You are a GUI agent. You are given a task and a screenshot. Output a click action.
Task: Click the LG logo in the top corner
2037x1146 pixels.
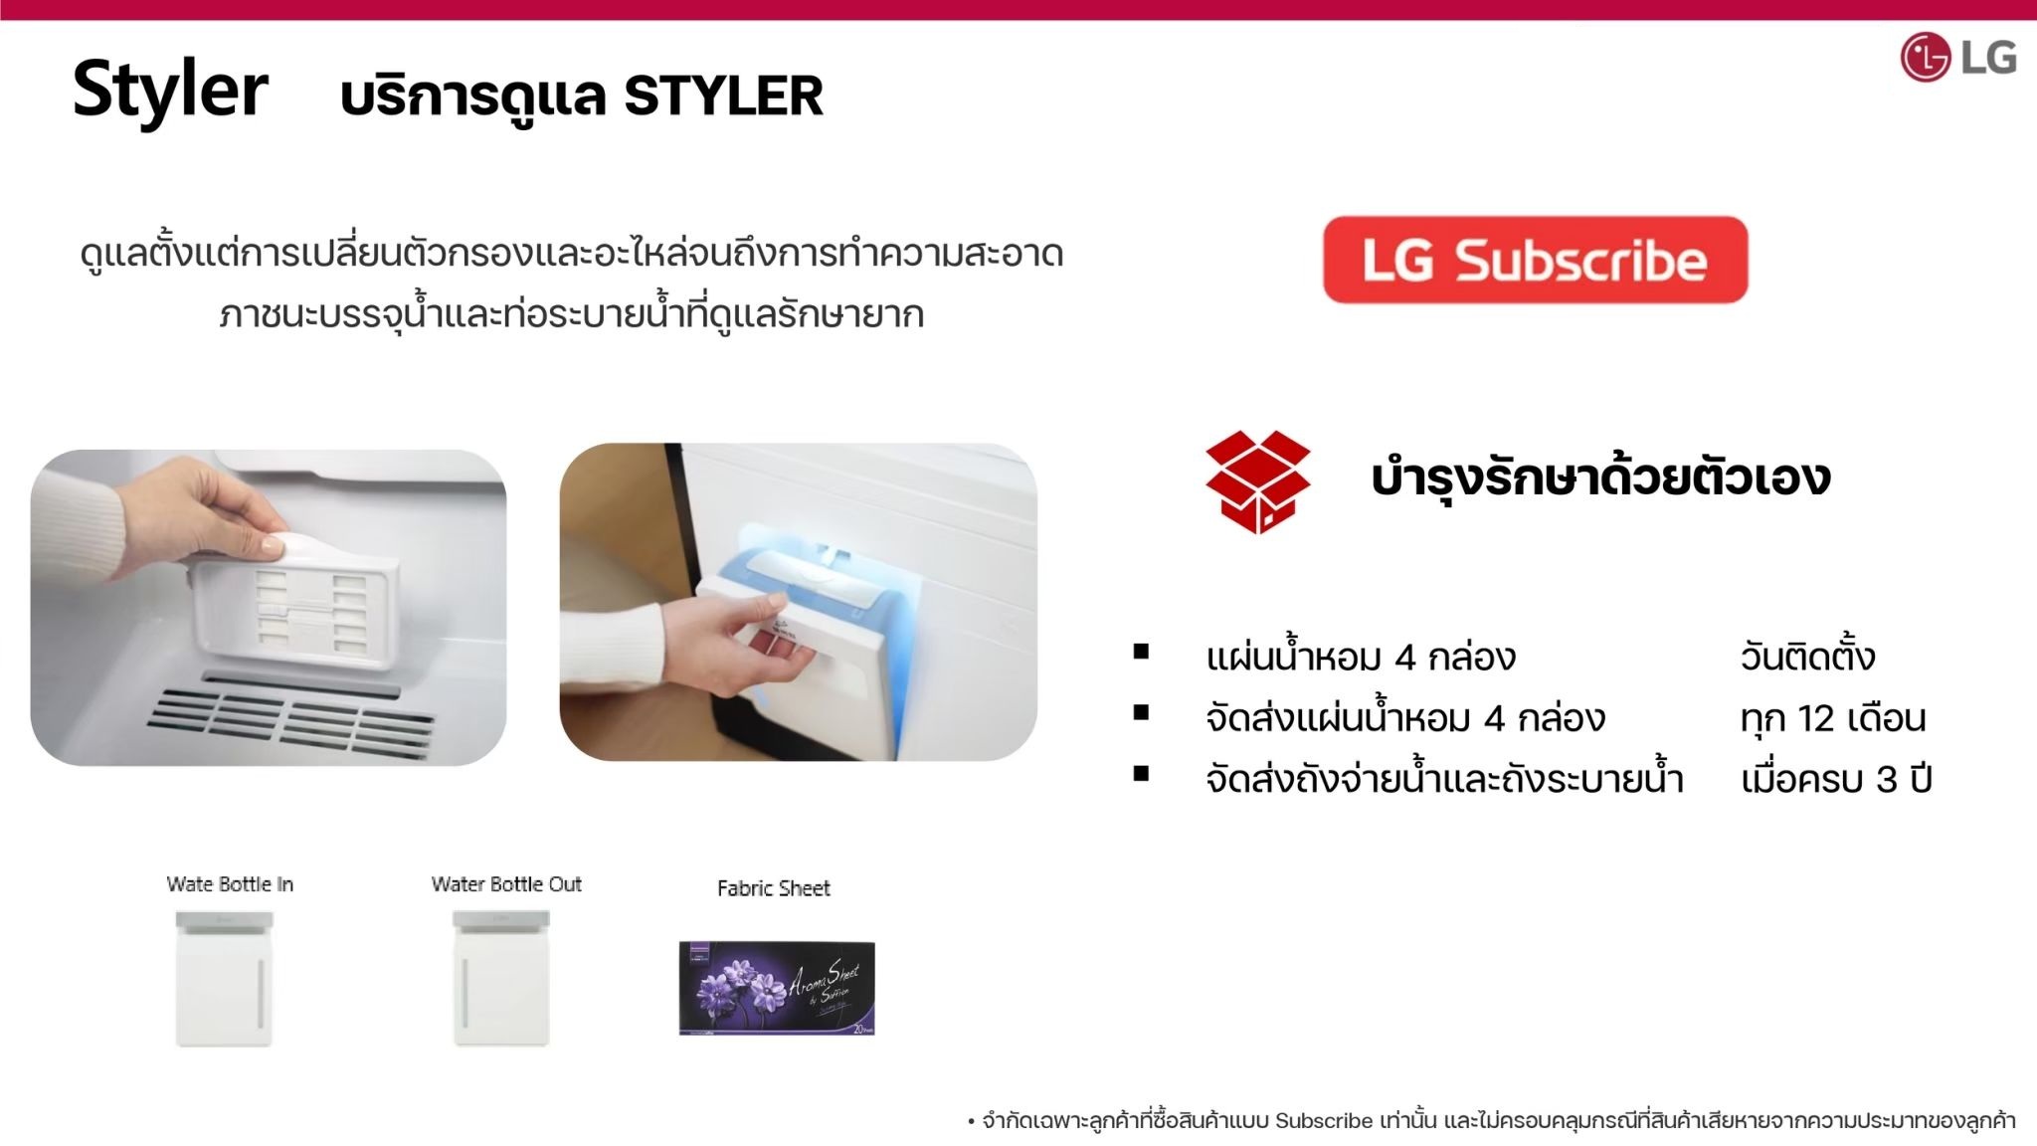[x=1956, y=57]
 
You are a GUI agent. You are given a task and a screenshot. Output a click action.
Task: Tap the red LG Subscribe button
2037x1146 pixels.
[x=1535, y=260]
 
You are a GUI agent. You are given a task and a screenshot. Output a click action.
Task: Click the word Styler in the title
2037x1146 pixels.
[x=170, y=91]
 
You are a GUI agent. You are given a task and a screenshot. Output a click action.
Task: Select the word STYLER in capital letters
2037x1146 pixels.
[x=723, y=96]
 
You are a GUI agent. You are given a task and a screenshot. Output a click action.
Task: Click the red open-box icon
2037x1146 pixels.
[x=1257, y=481]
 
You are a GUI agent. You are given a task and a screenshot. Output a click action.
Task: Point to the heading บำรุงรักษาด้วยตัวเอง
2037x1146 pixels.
[x=1599, y=477]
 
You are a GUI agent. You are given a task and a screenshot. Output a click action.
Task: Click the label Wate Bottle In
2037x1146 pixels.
[x=230, y=884]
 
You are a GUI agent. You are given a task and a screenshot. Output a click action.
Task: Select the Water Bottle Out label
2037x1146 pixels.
[x=506, y=884]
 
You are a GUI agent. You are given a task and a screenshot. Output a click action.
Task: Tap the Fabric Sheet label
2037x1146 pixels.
[x=773, y=888]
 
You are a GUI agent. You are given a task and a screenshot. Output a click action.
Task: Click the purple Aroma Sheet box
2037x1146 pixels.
[x=777, y=988]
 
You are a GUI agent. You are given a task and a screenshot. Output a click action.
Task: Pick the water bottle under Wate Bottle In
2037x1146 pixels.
[x=224, y=979]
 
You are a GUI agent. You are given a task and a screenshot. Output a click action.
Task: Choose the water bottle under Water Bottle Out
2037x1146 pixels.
[x=501, y=979]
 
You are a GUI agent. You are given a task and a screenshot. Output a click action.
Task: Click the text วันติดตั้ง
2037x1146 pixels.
[x=1807, y=658]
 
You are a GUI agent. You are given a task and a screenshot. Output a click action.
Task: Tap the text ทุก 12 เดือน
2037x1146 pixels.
[x=1832, y=718]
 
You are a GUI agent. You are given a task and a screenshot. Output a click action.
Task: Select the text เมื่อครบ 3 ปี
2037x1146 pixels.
[x=1835, y=779]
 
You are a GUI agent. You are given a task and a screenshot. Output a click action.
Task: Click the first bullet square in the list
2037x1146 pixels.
[x=1141, y=653]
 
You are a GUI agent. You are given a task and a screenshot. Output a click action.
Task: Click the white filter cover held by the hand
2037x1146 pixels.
[x=298, y=607]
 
